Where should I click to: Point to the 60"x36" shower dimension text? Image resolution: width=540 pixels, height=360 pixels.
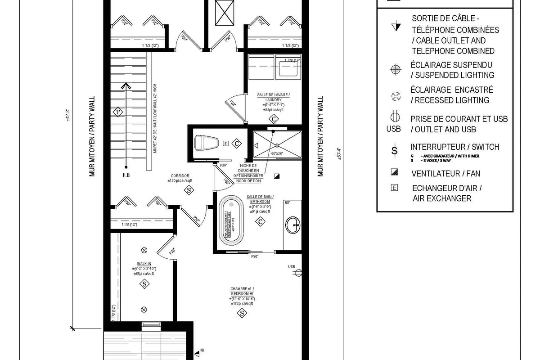(x=277, y=153)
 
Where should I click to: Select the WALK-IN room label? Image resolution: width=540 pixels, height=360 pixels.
(x=144, y=264)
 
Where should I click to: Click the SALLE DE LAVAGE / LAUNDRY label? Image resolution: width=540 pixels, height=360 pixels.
(x=274, y=97)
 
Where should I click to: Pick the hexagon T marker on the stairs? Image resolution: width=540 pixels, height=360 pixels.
(x=118, y=112)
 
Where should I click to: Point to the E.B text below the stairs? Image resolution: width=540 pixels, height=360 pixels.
(x=126, y=175)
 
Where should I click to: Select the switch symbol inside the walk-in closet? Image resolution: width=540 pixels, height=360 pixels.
(x=144, y=284)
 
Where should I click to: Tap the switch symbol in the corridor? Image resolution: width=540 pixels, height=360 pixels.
(x=189, y=190)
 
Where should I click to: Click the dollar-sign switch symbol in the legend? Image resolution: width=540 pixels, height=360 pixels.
(x=395, y=150)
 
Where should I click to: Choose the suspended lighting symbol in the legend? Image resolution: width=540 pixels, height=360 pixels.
(x=396, y=70)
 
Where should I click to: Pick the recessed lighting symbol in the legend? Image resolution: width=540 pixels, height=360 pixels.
(x=396, y=95)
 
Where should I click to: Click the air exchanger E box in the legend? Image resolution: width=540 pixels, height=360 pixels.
(x=395, y=188)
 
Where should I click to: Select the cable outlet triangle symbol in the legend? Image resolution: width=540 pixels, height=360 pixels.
(x=396, y=27)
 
